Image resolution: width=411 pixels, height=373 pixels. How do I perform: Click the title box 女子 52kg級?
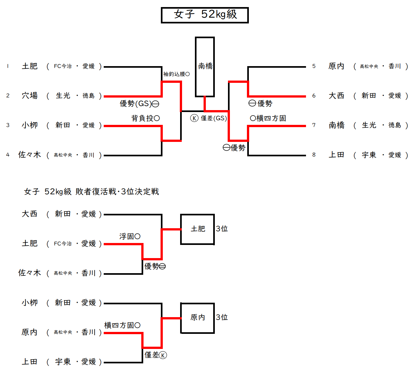205,15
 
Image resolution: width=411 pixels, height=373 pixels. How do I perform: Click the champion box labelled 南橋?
205,67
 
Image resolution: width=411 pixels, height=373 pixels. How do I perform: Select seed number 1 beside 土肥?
8,66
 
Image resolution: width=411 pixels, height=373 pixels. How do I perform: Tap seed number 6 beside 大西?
314,96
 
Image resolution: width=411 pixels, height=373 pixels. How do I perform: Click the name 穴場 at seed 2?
30,96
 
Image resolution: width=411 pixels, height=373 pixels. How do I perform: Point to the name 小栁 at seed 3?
30,125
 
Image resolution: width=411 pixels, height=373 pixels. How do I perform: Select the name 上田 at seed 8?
336,155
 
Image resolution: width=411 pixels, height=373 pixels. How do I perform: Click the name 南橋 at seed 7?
336,125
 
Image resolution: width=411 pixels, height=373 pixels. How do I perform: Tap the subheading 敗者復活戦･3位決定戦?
117,192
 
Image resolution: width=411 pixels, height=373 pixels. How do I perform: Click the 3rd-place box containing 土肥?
197,229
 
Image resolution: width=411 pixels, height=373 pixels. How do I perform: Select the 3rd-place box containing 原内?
197,317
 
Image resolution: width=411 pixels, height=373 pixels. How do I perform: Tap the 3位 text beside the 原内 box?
222,317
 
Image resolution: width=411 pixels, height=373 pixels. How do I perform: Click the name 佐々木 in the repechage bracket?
30,273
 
